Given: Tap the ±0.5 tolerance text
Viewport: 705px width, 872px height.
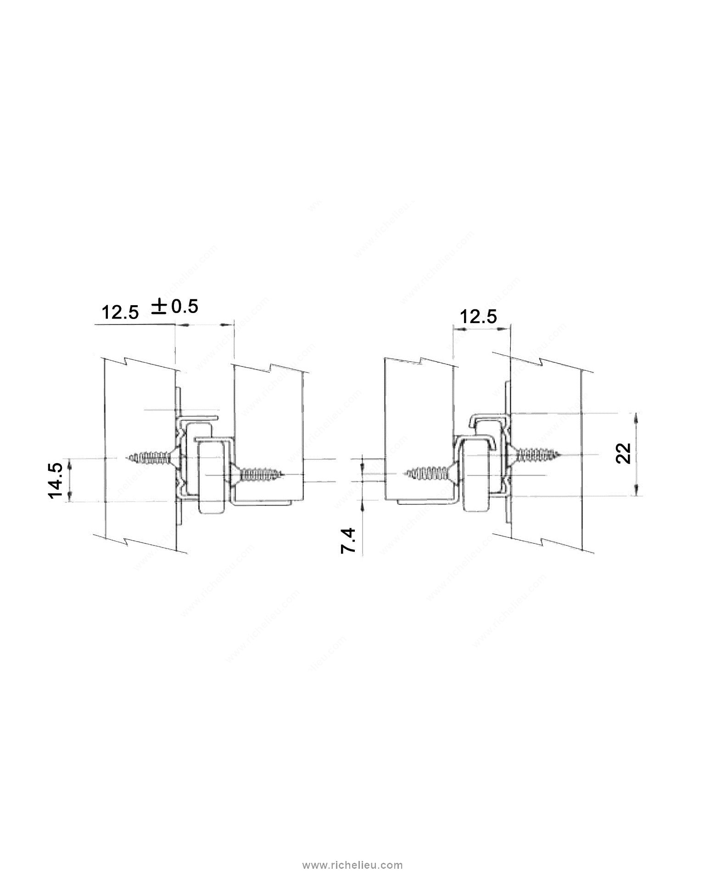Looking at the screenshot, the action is coord(175,306).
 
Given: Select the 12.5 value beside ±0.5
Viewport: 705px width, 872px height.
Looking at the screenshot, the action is coord(119,313).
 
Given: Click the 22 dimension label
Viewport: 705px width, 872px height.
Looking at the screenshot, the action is coord(623,453).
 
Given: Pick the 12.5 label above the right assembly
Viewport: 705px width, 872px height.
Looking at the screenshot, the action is coord(478,317).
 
